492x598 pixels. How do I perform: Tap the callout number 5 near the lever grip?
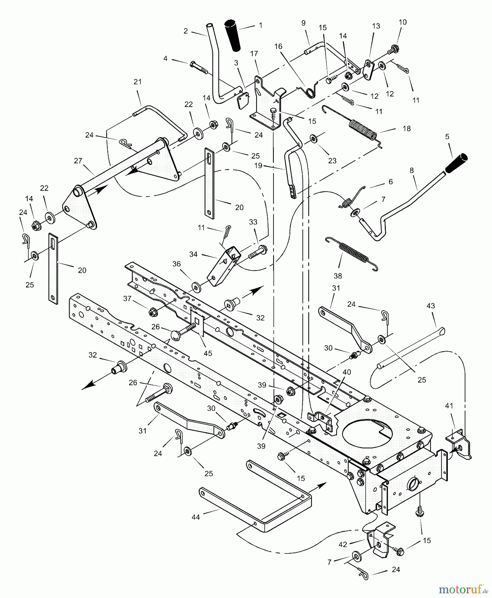(x=447, y=137)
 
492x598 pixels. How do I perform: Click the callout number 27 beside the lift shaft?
(x=78, y=161)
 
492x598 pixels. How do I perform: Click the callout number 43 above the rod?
(x=430, y=306)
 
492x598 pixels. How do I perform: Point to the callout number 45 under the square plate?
(x=208, y=353)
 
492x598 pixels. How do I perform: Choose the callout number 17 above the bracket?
(x=254, y=53)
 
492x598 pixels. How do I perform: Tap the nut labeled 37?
(x=153, y=312)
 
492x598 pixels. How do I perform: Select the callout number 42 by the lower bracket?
(x=343, y=544)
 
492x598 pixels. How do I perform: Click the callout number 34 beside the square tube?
(x=193, y=254)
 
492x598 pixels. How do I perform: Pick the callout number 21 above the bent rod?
(x=138, y=82)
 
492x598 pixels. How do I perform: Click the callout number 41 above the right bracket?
(x=449, y=406)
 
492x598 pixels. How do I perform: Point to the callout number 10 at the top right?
(x=403, y=22)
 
